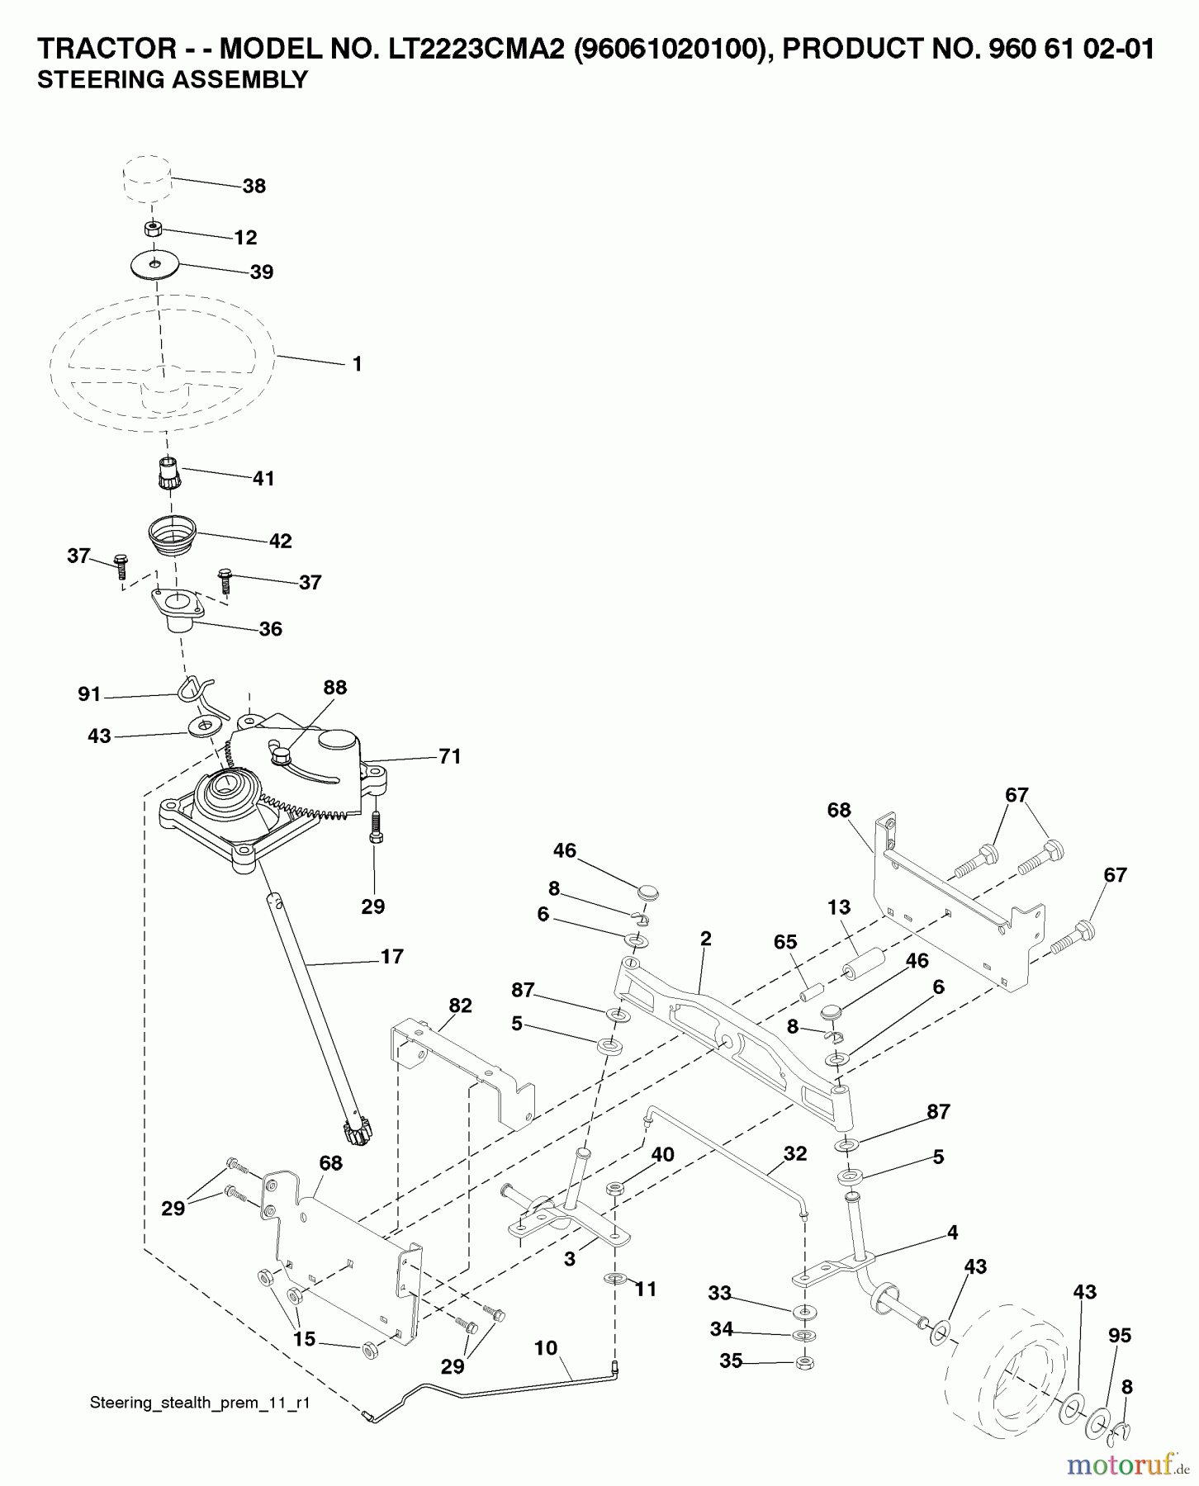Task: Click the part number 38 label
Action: [x=254, y=187]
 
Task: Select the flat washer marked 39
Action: [x=155, y=265]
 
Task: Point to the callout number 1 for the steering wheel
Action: [x=357, y=364]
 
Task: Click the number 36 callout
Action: [x=270, y=629]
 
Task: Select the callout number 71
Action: [x=449, y=756]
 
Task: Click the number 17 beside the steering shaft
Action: [x=391, y=957]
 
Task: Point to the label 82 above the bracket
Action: [x=460, y=1006]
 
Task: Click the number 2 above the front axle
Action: [x=705, y=939]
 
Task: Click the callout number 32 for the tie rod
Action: [x=794, y=1153]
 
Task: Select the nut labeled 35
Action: [x=803, y=1363]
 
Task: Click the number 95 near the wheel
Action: [x=1119, y=1336]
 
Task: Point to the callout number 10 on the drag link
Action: [x=546, y=1348]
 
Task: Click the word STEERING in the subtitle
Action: [x=92, y=80]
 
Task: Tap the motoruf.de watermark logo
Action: [x=1126, y=1465]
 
